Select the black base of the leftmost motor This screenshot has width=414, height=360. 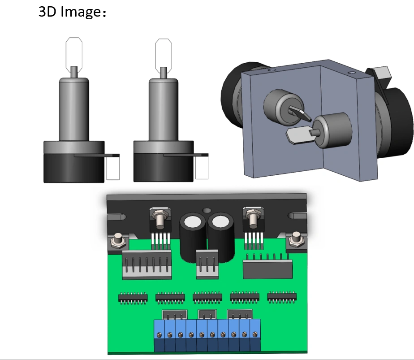74,168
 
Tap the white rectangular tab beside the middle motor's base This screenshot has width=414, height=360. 202,168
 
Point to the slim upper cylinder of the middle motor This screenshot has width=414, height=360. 164,109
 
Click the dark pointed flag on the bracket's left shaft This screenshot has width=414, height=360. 300,113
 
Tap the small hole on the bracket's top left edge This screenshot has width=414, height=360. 272,70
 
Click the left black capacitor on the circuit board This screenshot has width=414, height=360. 193,238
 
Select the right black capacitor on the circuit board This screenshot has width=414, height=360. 221,238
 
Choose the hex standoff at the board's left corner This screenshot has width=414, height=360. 117,240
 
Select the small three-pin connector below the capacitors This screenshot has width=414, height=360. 207,264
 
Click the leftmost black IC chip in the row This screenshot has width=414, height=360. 133,298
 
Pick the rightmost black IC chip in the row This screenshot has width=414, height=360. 282,297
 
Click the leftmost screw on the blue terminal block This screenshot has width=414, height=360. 159,335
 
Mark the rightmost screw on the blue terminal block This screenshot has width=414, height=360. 254,334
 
